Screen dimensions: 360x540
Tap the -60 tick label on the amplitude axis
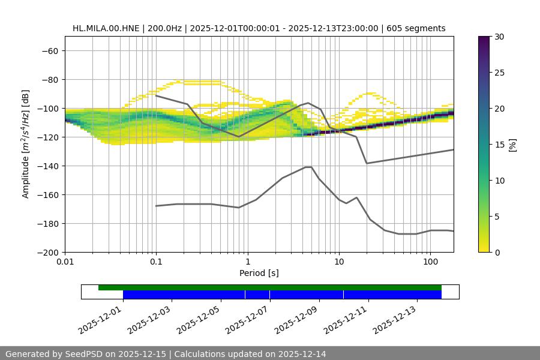[x=49, y=50]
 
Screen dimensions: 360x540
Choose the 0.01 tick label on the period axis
[x=65, y=262]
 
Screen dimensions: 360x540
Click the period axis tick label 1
[x=247, y=262]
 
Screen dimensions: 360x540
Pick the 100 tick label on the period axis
[x=430, y=262]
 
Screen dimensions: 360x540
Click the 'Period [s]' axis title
[x=259, y=273]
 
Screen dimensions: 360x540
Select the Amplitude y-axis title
[x=26, y=144]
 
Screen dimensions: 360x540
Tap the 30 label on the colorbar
[x=498, y=37]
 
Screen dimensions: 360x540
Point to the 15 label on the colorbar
[x=498, y=145]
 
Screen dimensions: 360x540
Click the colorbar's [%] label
[x=512, y=145]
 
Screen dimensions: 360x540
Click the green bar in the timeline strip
[x=270, y=287]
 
